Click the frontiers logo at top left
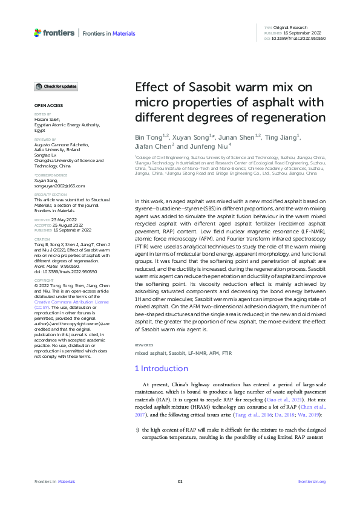54,33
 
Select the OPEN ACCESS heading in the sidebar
45,106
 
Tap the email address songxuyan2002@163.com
59,186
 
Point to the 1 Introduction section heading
161,368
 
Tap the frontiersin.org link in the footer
312,481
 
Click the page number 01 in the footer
180,481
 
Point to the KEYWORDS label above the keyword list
143,345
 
